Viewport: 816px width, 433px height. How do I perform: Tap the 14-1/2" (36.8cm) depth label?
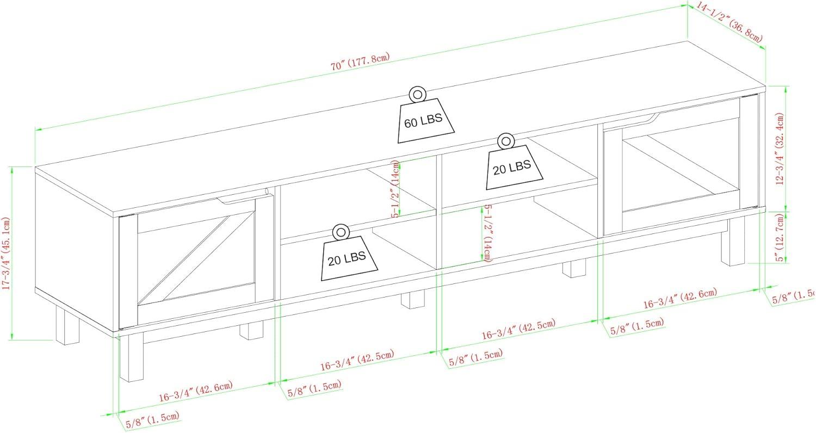[729, 22]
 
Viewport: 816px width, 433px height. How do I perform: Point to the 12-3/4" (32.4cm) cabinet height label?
[781, 149]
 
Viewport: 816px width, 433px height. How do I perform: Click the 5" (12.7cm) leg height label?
[781, 237]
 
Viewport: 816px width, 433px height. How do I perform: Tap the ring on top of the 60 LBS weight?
[418, 95]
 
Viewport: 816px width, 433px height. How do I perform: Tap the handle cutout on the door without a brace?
[651, 116]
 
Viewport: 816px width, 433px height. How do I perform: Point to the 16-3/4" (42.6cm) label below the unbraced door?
[680, 299]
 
